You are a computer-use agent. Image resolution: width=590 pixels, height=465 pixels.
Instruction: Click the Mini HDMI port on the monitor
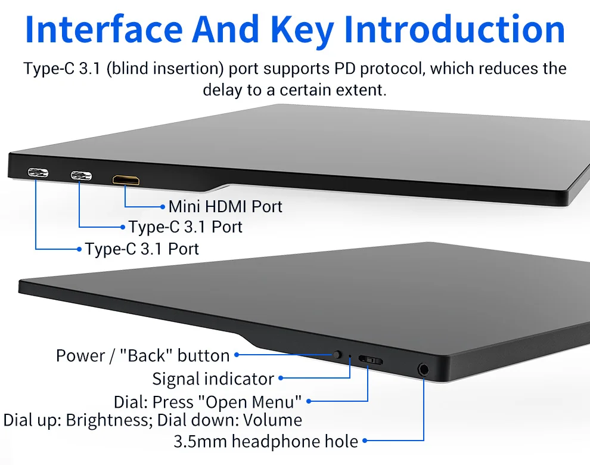[x=125, y=179]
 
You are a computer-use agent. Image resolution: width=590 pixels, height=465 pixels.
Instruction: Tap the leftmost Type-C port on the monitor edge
[x=38, y=174]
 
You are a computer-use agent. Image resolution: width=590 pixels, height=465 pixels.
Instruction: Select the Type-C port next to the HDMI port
[x=81, y=176]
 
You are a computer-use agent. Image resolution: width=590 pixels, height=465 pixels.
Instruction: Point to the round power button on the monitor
[x=337, y=355]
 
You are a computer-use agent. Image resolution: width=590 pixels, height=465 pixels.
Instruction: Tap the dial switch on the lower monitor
[x=370, y=361]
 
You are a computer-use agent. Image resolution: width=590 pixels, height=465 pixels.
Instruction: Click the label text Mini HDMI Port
[x=225, y=207]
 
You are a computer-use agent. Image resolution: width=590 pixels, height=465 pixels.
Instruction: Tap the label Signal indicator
[x=213, y=379]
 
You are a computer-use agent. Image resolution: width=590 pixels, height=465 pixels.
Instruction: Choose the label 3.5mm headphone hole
[x=266, y=442]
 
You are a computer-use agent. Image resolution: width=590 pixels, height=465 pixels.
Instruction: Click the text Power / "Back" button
[x=142, y=356]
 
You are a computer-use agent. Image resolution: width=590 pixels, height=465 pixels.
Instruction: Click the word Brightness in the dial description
[x=106, y=420]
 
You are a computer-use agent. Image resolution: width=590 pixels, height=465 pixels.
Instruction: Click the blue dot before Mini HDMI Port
[x=163, y=207]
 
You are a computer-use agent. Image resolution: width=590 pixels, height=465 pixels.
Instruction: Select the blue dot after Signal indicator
[x=281, y=379]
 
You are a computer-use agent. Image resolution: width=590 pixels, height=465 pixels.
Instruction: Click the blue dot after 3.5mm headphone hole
[x=365, y=442]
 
